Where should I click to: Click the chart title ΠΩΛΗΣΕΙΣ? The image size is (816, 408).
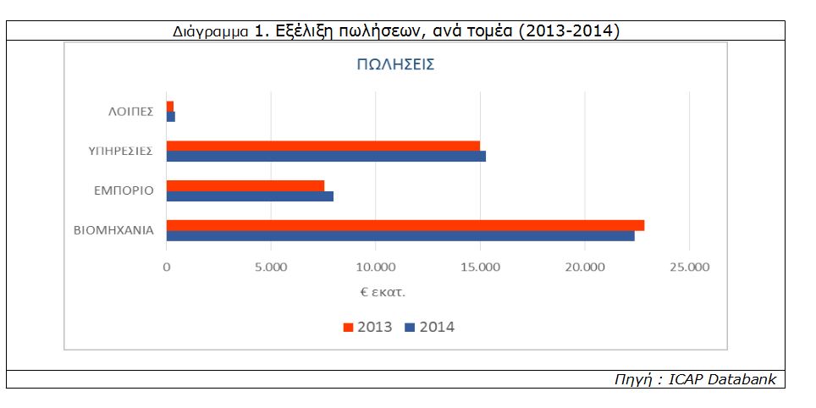[395, 65]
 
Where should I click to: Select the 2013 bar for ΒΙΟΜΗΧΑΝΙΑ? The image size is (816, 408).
[405, 225]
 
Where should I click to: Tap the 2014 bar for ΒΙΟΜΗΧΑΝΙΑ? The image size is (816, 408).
[400, 236]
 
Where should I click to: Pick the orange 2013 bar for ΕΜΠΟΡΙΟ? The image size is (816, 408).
[245, 185]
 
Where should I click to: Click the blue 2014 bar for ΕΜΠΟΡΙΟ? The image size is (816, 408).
[250, 196]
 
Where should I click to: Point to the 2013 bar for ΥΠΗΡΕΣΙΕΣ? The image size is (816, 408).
[323, 146]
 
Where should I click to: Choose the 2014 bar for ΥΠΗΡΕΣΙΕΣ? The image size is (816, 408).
[326, 156]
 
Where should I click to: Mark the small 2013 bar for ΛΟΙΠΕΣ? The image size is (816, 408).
[170, 106]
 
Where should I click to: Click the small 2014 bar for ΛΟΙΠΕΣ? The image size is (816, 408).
[171, 117]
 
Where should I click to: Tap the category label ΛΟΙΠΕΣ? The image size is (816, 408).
[130, 112]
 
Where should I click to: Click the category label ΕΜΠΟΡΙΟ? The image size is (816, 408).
[124, 190]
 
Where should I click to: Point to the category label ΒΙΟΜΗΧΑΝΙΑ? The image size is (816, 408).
[114, 230]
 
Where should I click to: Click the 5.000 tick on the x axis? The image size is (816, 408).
[271, 267]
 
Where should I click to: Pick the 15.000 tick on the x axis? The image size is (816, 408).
[480, 267]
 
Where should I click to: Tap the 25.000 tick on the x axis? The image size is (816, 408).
[690, 267]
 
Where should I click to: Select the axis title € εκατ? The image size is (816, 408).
[382, 292]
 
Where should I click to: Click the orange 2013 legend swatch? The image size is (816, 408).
[348, 328]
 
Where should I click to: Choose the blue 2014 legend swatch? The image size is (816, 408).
[410, 328]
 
